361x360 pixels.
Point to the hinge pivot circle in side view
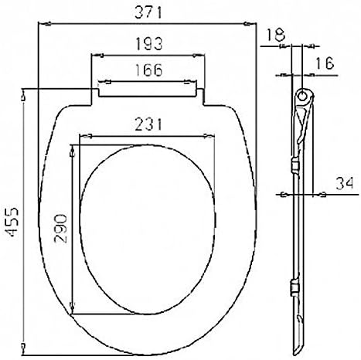(x=304, y=97)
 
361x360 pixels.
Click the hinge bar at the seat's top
(x=149, y=87)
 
